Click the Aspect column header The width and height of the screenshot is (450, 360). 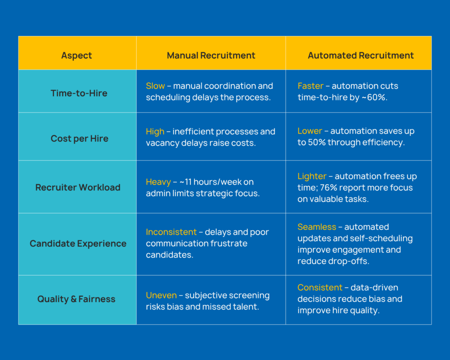click(x=76, y=55)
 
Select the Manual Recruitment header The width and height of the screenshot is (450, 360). click(x=211, y=55)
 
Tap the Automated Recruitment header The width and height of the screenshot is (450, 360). click(x=361, y=55)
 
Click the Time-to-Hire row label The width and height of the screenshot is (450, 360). click(x=79, y=93)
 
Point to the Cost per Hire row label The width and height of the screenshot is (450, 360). click(x=80, y=138)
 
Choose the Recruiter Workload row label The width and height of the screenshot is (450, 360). click(x=78, y=187)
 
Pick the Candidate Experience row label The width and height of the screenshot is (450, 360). click(x=78, y=244)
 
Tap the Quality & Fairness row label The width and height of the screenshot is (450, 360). click(x=76, y=299)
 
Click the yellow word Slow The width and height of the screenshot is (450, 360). click(x=155, y=86)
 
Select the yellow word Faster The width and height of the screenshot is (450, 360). click(x=311, y=86)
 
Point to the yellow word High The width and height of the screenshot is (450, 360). click(x=155, y=131)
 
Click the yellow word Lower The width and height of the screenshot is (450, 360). click(x=310, y=131)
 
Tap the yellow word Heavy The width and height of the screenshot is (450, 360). click(x=158, y=182)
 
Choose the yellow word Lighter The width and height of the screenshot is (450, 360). click(x=312, y=176)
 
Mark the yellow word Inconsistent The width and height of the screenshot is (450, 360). click(x=171, y=232)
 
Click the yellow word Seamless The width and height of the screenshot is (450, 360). click(x=317, y=227)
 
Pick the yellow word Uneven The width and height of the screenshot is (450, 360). click(x=161, y=295)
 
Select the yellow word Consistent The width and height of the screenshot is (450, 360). click(x=320, y=287)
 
